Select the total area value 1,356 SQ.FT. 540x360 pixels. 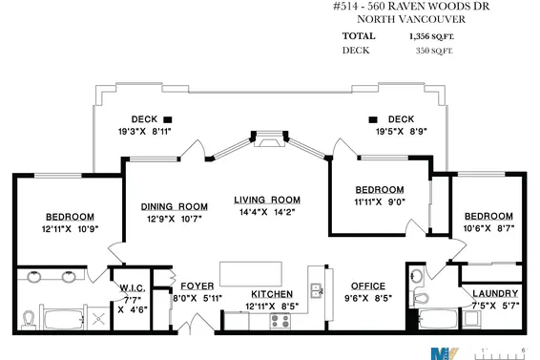click(432, 35)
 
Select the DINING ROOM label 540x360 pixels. click(175, 206)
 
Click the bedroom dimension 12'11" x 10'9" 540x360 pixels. click(70, 228)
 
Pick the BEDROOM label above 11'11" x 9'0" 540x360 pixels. click(380, 189)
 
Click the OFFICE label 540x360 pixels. click(367, 286)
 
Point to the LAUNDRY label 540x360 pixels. click(495, 293)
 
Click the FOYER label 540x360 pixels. click(197, 285)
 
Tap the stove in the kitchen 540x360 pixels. click(280, 321)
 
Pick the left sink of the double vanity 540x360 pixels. click(35, 278)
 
